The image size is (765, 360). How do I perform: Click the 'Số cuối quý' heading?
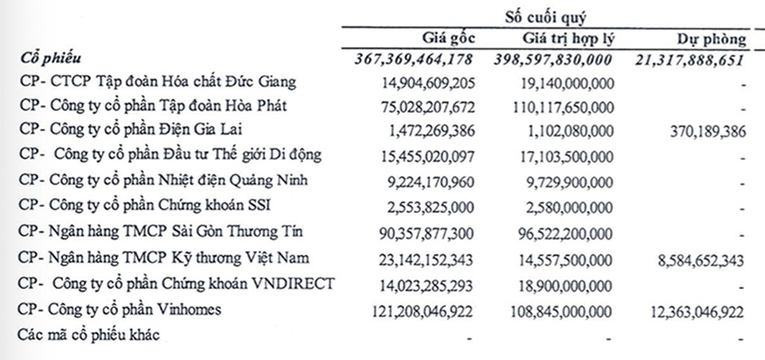(x=545, y=17)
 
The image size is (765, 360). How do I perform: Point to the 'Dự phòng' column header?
(x=711, y=39)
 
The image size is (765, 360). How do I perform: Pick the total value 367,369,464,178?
(x=414, y=59)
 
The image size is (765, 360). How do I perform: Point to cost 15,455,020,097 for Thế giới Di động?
(x=428, y=157)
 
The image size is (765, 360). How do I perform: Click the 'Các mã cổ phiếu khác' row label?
(x=89, y=334)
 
